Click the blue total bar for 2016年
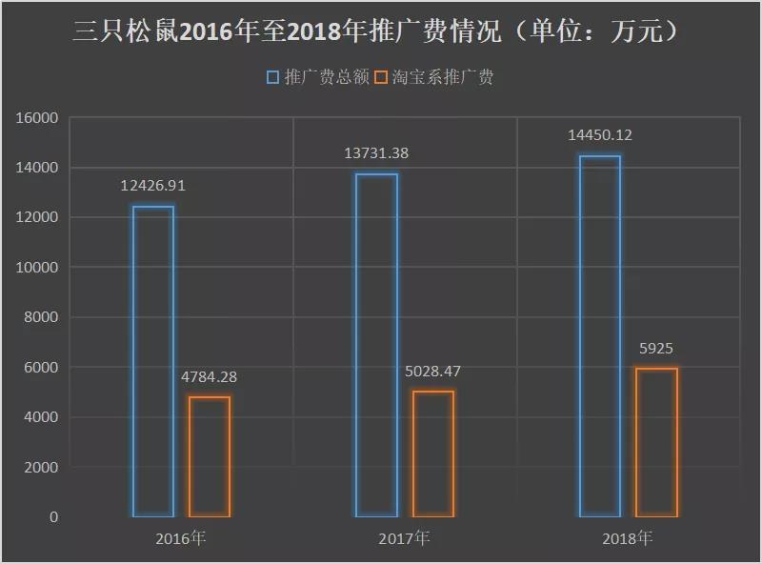point(153,362)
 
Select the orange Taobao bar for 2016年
point(209,457)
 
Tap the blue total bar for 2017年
point(376,345)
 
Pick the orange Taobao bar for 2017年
point(432,454)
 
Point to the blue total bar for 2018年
point(600,336)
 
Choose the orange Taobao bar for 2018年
point(656,443)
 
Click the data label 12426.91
point(152,187)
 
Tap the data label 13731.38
point(376,153)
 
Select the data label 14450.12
point(600,135)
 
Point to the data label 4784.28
point(209,377)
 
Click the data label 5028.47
point(432,372)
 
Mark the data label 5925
point(656,349)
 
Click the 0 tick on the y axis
point(53,517)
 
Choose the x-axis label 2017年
point(404,538)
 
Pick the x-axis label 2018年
point(628,538)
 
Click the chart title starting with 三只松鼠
point(377,31)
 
